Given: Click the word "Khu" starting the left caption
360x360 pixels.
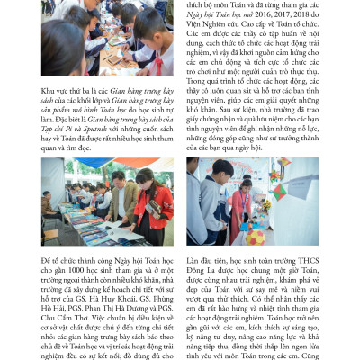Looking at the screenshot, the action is tap(48, 91).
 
